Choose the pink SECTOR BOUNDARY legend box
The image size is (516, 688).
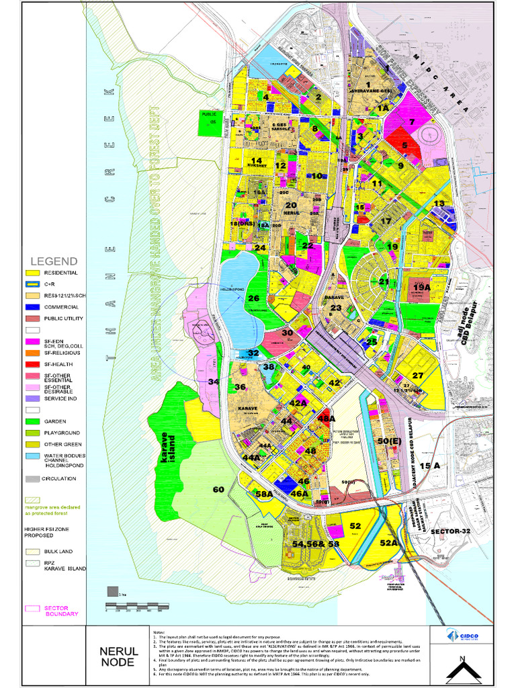pos(32,609)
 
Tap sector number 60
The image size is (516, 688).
pos(218,490)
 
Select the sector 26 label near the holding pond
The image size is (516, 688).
pos(253,298)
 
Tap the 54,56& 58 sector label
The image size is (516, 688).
pos(316,543)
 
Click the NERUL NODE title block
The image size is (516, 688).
pos(119,656)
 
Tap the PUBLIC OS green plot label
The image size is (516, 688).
pos(210,118)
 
